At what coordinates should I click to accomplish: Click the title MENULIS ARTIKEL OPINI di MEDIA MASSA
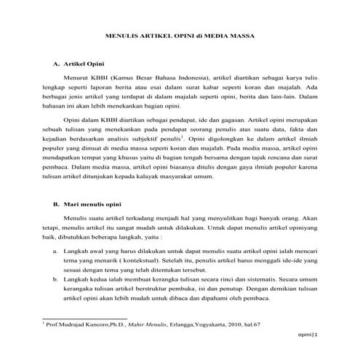[x=180, y=34]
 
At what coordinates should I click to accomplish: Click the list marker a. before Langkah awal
[x=56, y=249]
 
